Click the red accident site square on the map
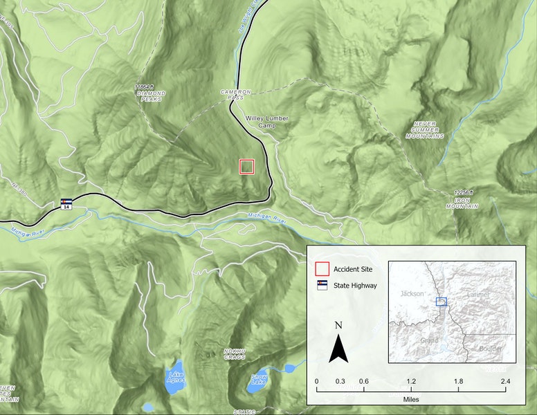tap(247, 167)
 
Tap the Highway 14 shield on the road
tap(66, 205)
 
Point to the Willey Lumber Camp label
tap(267, 122)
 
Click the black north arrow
tap(338, 348)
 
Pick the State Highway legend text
tap(355, 286)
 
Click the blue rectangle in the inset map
tap(442, 301)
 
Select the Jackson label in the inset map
tap(412, 294)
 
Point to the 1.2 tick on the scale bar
tap(411, 382)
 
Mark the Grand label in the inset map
tap(430, 342)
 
